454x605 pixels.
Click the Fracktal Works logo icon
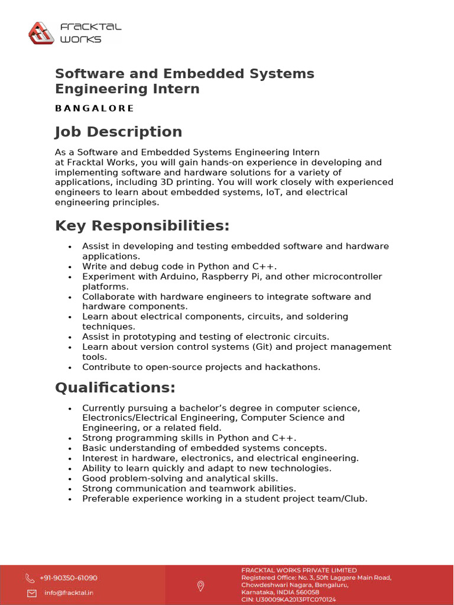click(x=41, y=33)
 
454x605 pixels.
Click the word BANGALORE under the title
click(x=95, y=108)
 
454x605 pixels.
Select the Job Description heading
click(x=118, y=132)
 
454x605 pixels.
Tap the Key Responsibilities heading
click(x=142, y=226)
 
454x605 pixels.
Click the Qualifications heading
click(x=115, y=388)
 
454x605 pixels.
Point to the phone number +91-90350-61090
click(x=69, y=578)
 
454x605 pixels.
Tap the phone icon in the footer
click(x=30, y=578)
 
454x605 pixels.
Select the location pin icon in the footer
click(x=200, y=586)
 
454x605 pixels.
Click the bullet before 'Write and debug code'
click(x=70, y=267)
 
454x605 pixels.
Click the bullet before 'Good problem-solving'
click(x=70, y=479)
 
